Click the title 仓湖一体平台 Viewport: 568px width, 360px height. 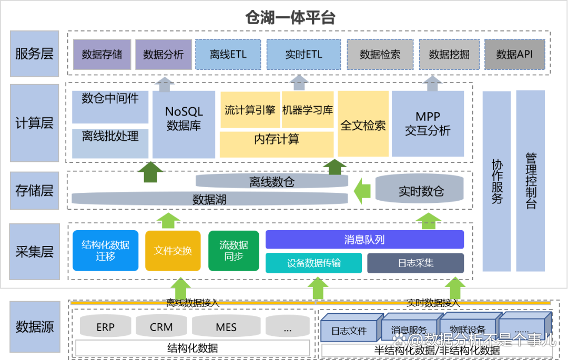coord(290,18)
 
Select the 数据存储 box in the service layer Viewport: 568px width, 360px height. coord(102,55)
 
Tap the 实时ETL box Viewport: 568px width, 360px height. coord(303,55)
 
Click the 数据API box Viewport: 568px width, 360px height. coord(514,55)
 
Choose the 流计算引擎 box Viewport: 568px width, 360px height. coord(250,110)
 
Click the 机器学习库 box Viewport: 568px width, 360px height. coord(308,110)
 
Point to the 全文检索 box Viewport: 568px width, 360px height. coord(363,124)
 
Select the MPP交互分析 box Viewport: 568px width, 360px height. coord(428,124)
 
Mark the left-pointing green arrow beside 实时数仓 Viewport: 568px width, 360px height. coord(362,191)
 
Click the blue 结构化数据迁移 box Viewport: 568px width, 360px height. coord(106,251)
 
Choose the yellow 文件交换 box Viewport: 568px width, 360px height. coord(173,251)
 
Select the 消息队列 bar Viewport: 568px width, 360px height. coord(364,240)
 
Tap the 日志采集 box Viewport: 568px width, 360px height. coord(415,263)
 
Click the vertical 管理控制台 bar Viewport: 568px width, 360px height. coord(530,181)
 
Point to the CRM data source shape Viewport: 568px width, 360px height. coord(161,326)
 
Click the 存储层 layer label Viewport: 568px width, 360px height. coord(35,190)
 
